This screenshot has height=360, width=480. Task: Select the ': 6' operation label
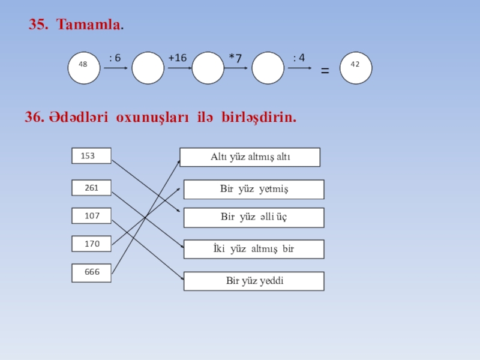coord(115,58)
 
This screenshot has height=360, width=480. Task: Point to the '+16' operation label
coord(178,58)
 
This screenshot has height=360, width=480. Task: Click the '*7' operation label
coord(235,58)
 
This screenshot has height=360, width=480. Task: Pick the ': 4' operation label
coord(299,58)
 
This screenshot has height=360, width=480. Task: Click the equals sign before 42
coord(325,71)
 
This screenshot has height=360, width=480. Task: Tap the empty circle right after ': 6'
coord(148,67)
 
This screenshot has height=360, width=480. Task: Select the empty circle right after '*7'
coord(268,67)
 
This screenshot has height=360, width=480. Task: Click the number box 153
coord(91,156)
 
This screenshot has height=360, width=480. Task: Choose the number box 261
coord(91,188)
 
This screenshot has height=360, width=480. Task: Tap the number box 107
coord(92,215)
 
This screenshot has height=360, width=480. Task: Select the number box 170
coord(92,244)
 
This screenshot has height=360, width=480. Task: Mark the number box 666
coord(92,272)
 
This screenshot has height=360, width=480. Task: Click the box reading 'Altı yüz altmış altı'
coord(250,157)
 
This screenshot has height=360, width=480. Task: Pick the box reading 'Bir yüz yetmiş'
coord(254,189)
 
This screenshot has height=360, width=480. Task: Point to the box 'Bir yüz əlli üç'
coord(254,217)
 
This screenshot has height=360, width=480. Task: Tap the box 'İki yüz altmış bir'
coord(254,249)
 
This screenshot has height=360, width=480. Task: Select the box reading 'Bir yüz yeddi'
coord(254,281)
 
